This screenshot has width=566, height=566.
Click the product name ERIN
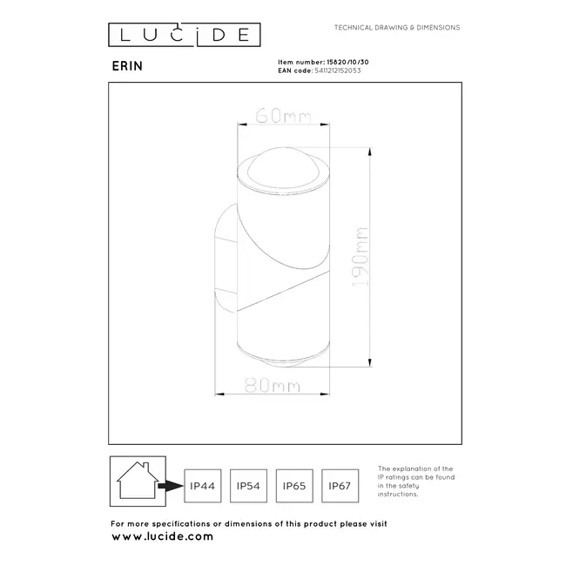pyautogui.click(x=124, y=64)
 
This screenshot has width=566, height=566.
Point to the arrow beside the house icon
pyautogui.click(x=171, y=483)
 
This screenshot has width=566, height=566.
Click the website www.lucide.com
pyautogui.click(x=162, y=536)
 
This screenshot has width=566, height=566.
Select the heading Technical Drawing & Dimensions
pyautogui.click(x=397, y=28)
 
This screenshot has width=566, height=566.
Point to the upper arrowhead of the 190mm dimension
pyautogui.click(x=372, y=153)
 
